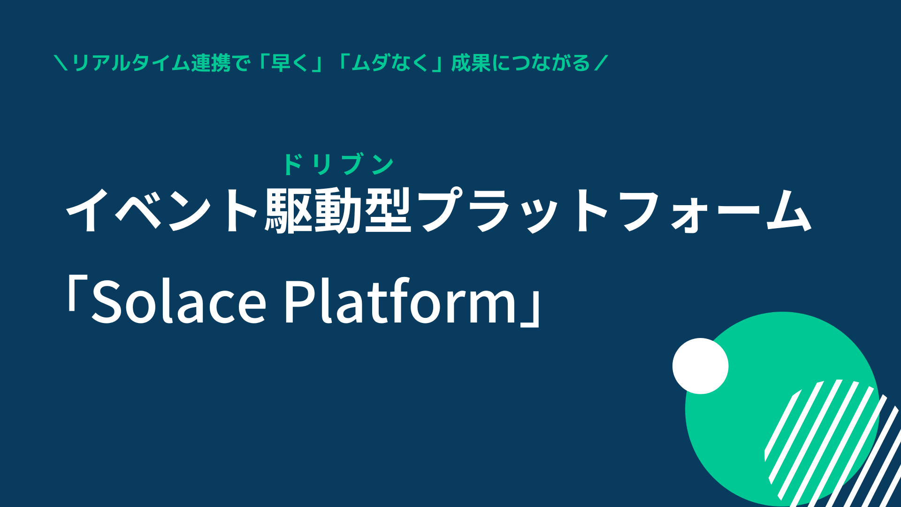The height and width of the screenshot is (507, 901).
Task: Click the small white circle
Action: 700,366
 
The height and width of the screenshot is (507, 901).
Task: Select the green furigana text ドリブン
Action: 338,164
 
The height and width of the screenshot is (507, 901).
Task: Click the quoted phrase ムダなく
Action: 390,63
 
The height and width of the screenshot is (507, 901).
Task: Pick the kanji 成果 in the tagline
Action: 471,63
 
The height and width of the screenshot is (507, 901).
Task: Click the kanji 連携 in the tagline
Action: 211,63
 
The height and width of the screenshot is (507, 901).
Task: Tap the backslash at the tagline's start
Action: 61,63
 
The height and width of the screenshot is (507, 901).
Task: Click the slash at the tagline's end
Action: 601,63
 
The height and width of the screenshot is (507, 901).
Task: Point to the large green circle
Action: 782,409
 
